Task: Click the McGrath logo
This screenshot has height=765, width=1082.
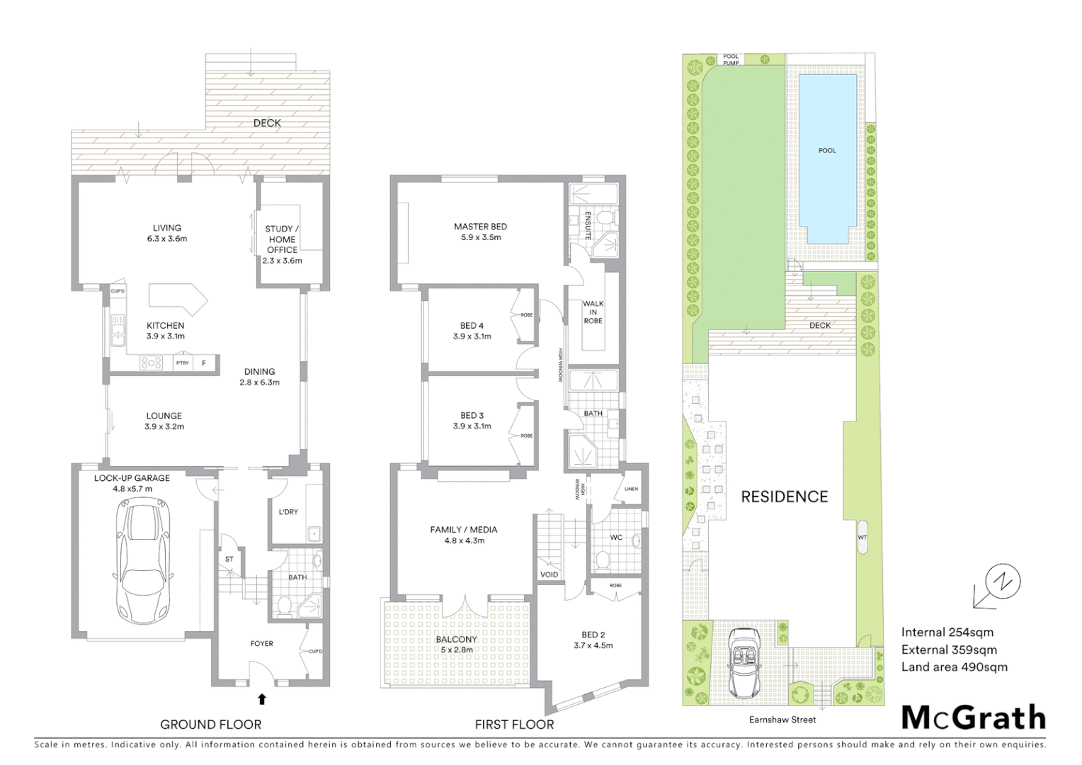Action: click(x=974, y=718)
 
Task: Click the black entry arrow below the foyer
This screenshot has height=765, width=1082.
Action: click(x=262, y=699)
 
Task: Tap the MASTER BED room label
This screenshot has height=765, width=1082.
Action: click(x=480, y=232)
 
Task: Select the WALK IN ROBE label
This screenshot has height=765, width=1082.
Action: click(x=593, y=312)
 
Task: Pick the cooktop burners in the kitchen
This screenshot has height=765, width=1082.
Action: click(x=152, y=363)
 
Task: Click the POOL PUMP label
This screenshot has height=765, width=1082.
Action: click(x=731, y=59)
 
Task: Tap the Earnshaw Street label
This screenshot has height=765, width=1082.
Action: click(x=783, y=720)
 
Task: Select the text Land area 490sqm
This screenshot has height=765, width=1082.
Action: click(x=954, y=667)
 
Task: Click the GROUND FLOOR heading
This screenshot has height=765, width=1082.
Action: click(x=210, y=724)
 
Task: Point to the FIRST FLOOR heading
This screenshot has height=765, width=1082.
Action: click(x=514, y=724)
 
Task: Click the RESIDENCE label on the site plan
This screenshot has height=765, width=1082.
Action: click(x=784, y=497)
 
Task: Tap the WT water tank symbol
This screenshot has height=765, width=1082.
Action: click(x=862, y=537)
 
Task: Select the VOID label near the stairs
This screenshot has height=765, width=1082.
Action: click(x=549, y=574)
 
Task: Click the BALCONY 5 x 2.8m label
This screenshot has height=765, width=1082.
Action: click(x=456, y=644)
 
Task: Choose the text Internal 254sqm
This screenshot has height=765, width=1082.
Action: click(x=947, y=633)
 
